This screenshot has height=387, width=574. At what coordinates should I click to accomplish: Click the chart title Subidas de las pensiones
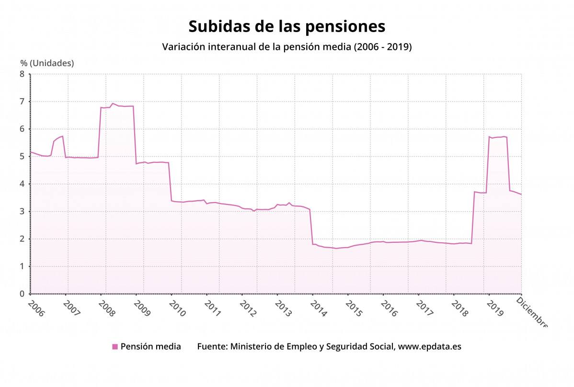(287, 26)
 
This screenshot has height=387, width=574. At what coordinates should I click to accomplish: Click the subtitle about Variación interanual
(287, 47)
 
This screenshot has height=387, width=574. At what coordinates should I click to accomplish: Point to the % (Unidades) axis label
(47, 63)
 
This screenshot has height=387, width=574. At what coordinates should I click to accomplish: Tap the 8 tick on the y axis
(22, 74)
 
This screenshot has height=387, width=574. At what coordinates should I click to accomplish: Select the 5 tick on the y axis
(22, 157)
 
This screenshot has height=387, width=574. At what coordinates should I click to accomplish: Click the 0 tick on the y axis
(22, 294)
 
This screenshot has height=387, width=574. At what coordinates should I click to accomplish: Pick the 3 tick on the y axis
(22, 211)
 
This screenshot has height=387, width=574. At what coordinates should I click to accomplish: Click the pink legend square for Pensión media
(115, 347)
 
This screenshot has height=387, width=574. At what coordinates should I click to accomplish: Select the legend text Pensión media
(150, 346)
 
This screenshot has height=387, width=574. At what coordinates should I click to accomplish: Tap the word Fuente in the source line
(212, 346)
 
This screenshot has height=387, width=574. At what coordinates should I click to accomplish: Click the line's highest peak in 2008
(113, 103)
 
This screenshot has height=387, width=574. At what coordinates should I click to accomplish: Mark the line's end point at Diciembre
(521, 194)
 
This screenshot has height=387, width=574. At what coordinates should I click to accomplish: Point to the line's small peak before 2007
(62, 137)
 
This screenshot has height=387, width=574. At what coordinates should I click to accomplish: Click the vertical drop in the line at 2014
(311, 228)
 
